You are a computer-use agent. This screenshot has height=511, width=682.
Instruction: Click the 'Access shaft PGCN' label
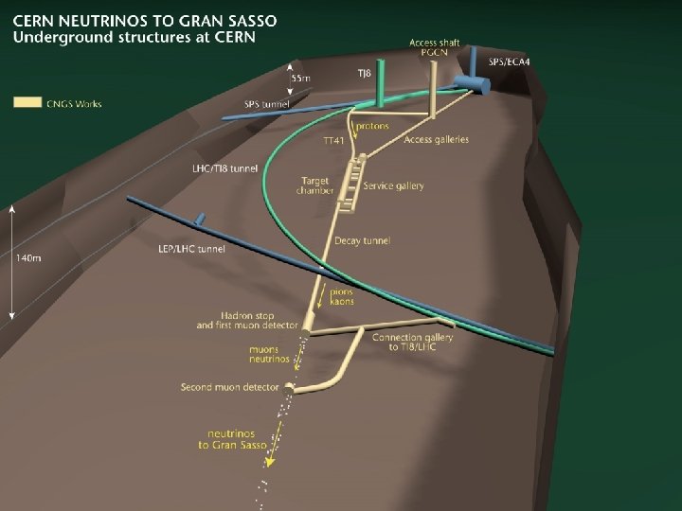click(435, 47)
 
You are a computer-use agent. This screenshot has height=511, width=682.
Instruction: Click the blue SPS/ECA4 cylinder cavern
click(471, 84)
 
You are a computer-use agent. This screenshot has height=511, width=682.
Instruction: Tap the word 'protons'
click(372, 126)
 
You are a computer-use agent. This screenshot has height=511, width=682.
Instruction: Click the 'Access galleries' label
click(436, 139)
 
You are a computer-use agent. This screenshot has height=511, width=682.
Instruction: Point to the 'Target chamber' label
click(316, 185)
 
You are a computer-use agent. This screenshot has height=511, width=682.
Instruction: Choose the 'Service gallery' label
click(393, 185)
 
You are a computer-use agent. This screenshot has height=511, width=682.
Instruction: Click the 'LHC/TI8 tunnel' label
click(224, 168)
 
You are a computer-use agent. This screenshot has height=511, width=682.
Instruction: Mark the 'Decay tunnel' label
click(362, 241)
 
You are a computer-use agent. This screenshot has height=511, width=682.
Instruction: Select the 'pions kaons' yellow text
click(342, 296)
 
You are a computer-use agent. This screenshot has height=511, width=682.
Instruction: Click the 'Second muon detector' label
click(231, 387)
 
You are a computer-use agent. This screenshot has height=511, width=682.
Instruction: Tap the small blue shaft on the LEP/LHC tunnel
click(200, 219)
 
